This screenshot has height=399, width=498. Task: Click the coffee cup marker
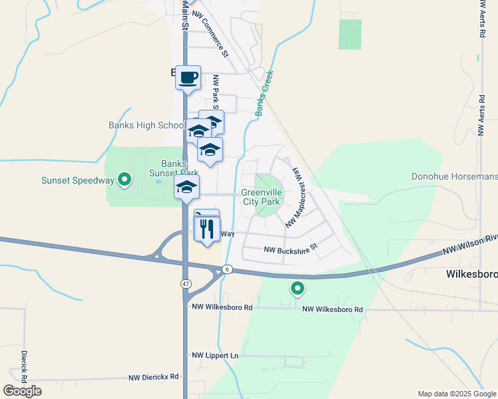188,78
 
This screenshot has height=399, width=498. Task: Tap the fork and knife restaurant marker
207,229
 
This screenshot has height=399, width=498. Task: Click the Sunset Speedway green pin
123,178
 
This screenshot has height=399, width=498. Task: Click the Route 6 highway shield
228,269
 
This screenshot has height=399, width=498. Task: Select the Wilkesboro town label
471,274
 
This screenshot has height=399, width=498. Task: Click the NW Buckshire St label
291,250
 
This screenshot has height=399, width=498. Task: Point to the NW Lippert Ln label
215,356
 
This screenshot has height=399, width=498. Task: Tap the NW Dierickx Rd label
156,376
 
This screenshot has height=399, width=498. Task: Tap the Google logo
22,391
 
